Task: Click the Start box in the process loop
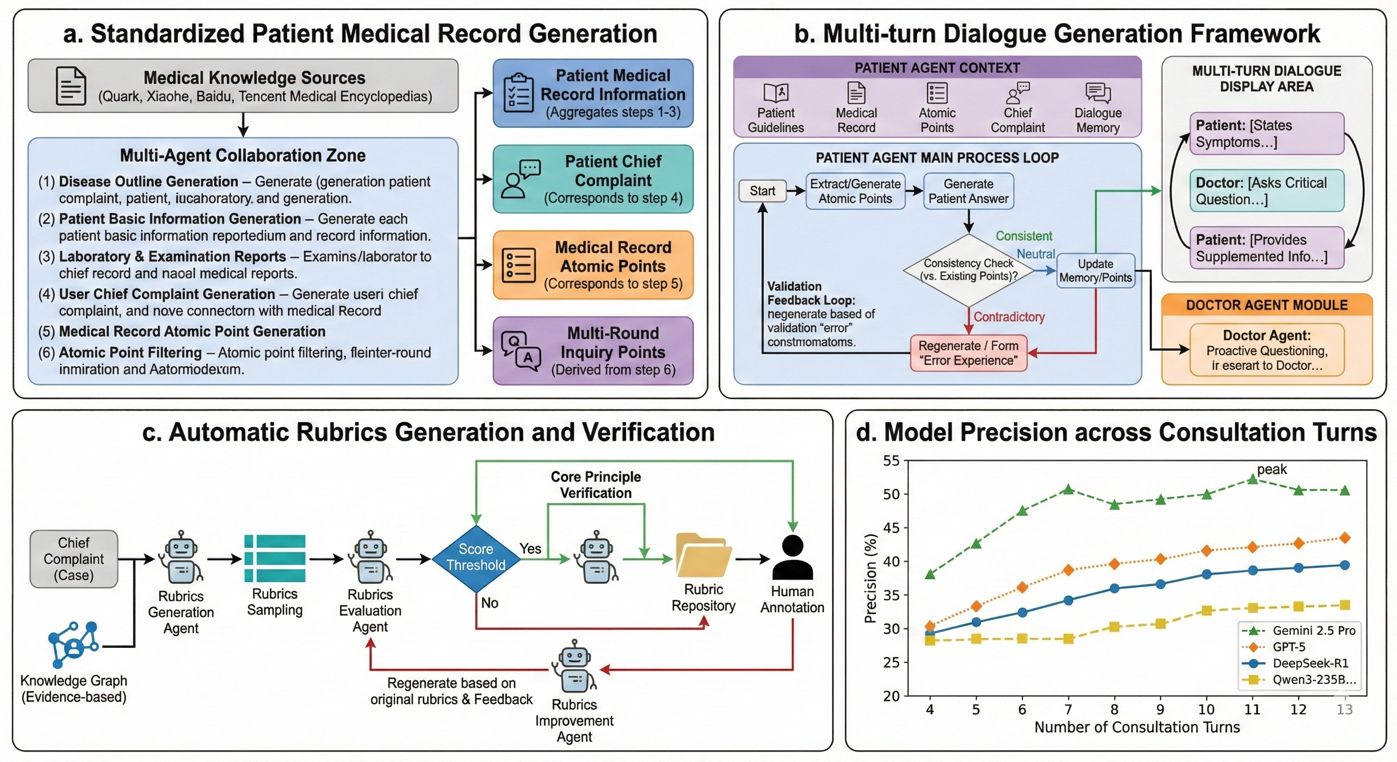(x=762, y=191)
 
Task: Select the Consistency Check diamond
(x=968, y=269)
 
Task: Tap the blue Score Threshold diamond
(x=476, y=558)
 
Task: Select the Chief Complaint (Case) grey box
(x=74, y=559)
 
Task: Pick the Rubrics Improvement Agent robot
(x=574, y=665)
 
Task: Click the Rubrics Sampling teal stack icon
(x=274, y=558)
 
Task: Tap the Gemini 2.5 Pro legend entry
(x=1299, y=630)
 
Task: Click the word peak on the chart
(x=1271, y=469)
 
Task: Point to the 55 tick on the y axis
(x=891, y=461)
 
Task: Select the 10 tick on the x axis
(x=1206, y=709)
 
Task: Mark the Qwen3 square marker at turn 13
(x=1344, y=605)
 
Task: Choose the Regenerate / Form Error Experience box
(x=968, y=353)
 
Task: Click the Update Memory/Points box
(x=1095, y=271)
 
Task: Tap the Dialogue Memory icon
(x=1098, y=93)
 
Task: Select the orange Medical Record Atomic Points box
(x=593, y=265)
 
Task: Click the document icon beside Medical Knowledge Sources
(x=71, y=86)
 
